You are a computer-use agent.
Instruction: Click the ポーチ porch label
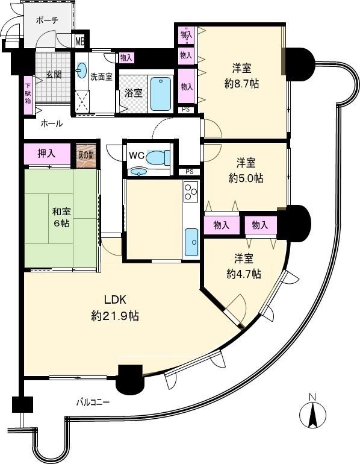(46, 20)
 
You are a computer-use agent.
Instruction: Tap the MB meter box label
(79, 41)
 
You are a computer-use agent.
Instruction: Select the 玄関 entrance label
(54, 75)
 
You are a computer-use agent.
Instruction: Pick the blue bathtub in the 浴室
(161, 93)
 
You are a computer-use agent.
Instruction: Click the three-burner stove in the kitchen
(191, 193)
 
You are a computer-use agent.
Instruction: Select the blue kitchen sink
(191, 242)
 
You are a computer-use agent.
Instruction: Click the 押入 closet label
(46, 153)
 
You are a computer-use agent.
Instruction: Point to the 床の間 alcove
(85, 154)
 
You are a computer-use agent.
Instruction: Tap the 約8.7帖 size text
(243, 84)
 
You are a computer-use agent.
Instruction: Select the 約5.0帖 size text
(246, 178)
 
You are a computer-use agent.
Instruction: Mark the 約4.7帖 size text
(244, 274)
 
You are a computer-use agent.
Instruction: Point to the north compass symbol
(312, 414)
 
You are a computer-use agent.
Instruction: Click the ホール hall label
(51, 124)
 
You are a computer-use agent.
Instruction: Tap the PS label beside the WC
(189, 172)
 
